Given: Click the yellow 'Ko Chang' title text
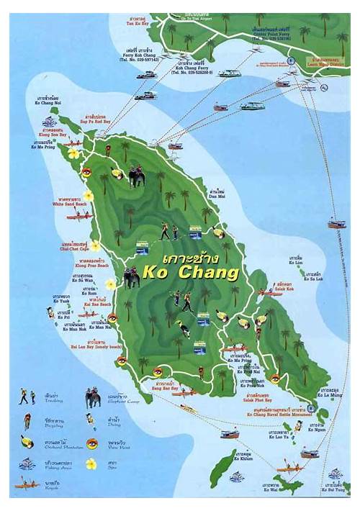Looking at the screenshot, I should click(x=190, y=273).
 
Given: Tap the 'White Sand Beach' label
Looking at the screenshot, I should click(x=71, y=204).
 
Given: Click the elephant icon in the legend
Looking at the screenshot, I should click(x=93, y=397).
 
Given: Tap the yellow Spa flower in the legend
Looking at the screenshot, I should click(x=91, y=464).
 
